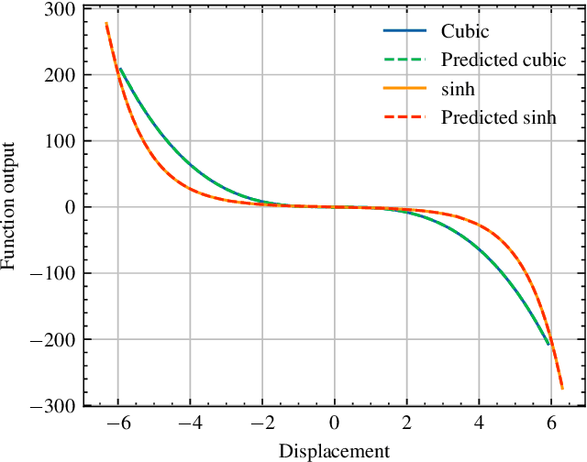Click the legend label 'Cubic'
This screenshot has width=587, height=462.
point(465,31)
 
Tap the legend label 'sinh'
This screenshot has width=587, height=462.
point(458,90)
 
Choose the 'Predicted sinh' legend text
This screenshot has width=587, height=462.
point(498,118)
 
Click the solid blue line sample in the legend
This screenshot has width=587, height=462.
point(405,31)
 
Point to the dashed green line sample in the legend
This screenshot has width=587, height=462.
point(405,60)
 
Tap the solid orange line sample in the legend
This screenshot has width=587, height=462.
point(405,90)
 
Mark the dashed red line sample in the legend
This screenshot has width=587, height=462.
point(405,118)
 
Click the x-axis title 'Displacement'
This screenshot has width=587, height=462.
point(334,451)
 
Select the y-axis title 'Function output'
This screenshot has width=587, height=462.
point(10,206)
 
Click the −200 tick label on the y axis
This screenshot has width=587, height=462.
point(54,339)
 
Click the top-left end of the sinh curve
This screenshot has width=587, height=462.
point(106,23)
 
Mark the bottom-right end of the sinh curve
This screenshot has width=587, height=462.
point(562,389)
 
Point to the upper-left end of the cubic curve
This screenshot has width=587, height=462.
point(120,68)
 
